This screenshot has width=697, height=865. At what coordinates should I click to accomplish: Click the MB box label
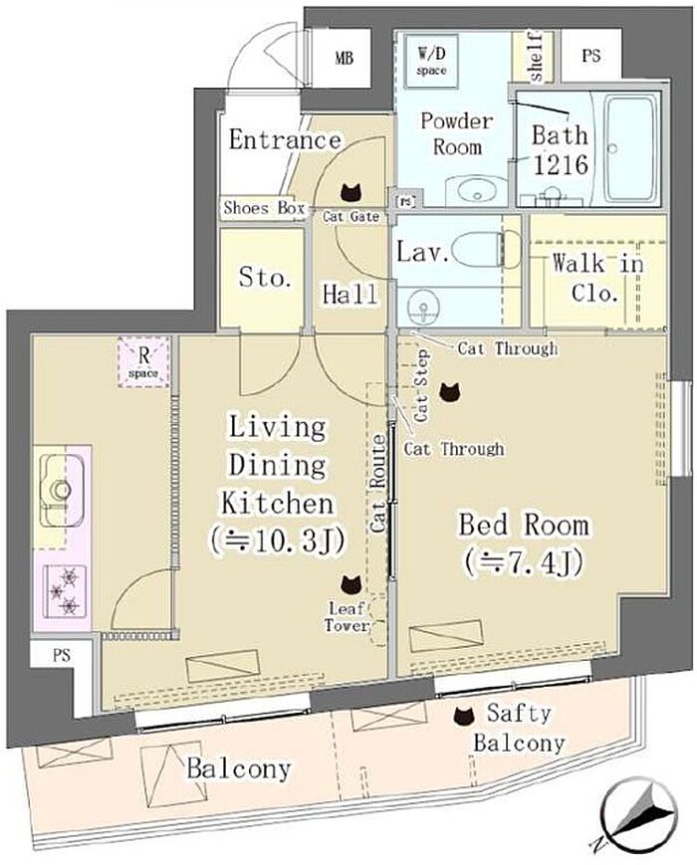[344, 58]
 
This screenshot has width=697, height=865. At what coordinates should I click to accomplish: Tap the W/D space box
[431, 61]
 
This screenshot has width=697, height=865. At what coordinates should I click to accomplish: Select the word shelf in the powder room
[535, 57]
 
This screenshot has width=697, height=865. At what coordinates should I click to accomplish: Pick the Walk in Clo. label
[597, 278]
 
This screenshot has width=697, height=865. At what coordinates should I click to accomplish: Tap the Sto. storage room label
[264, 277]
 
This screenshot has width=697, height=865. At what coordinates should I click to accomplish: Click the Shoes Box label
[264, 208]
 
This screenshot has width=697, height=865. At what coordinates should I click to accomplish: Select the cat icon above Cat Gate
[350, 192]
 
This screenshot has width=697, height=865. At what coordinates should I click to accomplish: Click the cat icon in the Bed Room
[450, 391]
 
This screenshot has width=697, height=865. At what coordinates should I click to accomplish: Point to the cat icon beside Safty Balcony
[464, 716]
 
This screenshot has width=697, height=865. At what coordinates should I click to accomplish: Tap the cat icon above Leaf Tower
[350, 583]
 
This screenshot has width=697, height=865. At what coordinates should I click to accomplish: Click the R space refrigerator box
[143, 361]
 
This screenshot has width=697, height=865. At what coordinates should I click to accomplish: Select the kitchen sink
[60, 490]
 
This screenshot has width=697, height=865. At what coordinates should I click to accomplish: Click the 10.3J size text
[277, 541]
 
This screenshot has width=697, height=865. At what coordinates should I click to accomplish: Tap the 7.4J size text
[524, 562]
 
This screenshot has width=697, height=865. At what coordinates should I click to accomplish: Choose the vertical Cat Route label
[378, 483]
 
